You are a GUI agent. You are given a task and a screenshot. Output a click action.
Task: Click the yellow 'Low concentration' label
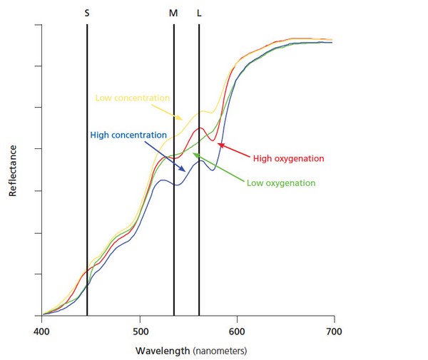point(133,98)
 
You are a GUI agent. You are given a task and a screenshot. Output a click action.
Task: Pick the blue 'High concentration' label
point(129,134)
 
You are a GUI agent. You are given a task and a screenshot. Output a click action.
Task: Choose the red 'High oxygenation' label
point(288,158)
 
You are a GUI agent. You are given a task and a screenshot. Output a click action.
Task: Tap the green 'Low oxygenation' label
point(281,182)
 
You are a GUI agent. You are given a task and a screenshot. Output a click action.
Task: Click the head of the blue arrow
point(187,171)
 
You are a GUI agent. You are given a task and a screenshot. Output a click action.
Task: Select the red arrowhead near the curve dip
point(219,145)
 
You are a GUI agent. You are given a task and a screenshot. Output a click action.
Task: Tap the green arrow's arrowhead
point(193,155)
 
